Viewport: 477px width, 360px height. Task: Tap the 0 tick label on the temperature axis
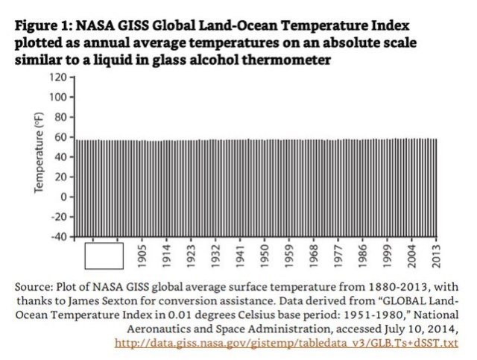pos(63,197)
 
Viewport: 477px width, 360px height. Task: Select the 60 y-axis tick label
pos(60,137)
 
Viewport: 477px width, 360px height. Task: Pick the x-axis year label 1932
pos(215,256)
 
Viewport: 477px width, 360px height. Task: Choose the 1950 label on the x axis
pos(264,256)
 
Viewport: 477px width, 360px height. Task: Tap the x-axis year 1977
pos(337,256)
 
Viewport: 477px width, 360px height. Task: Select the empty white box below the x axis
pos(104,256)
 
